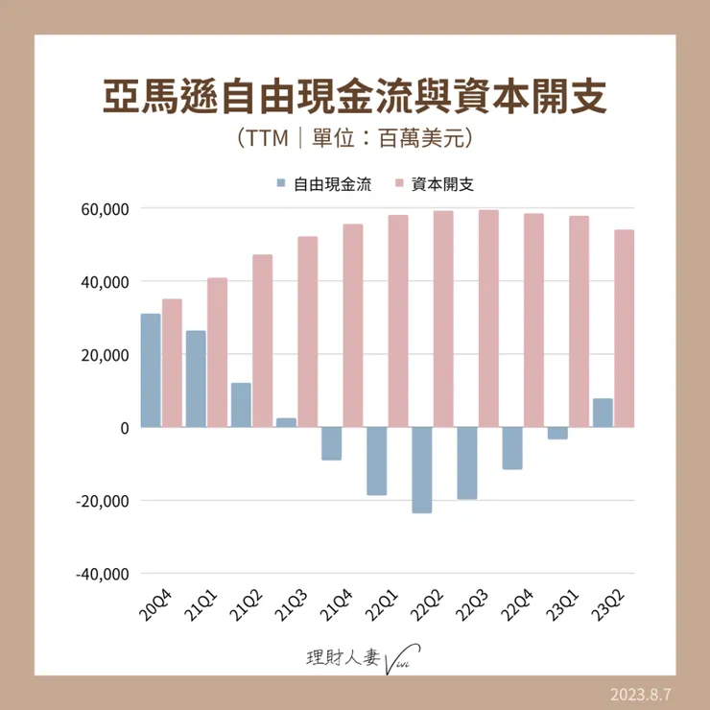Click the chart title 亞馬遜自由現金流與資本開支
355,98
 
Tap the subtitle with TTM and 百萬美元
355,139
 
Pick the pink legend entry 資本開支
440,183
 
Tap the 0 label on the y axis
124,428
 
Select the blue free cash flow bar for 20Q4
150,370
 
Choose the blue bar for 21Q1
196,379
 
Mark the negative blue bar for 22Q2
421,470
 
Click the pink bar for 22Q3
488,319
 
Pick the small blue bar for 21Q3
286,422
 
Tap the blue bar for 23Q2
603,413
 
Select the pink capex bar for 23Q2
625,328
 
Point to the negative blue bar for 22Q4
511,448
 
